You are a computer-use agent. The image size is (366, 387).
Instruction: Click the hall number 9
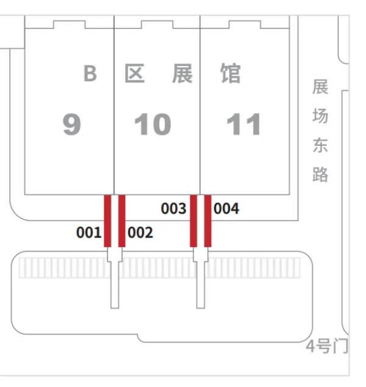click(72, 124)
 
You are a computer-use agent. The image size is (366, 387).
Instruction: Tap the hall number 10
click(152, 124)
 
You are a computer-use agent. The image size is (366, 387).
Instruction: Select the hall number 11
click(243, 124)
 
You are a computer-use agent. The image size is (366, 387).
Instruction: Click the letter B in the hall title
click(90, 73)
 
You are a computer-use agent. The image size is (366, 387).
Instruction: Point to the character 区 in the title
click(134, 73)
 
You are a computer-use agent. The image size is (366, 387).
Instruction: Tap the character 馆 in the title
click(231, 73)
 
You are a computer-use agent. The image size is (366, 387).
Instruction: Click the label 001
click(89, 233)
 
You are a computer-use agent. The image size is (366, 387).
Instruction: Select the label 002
click(140, 233)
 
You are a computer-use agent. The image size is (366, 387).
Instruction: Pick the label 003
click(174, 209)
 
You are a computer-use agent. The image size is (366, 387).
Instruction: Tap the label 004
click(226, 209)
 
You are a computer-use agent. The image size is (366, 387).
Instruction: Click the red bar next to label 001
click(107, 221)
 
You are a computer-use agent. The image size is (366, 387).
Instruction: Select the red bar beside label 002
click(122, 221)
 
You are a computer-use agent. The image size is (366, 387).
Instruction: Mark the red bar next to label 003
click(193, 221)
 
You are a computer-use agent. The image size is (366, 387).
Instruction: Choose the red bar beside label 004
click(207, 221)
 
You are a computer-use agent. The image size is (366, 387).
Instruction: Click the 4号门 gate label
click(327, 346)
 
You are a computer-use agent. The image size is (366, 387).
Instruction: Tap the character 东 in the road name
click(320, 145)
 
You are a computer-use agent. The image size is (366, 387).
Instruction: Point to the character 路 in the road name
click(320, 174)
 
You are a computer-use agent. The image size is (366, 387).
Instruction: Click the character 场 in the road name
click(320, 115)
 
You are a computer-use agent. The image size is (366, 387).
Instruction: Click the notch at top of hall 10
click(157, 24)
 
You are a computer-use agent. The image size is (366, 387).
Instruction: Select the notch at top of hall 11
click(245, 24)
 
